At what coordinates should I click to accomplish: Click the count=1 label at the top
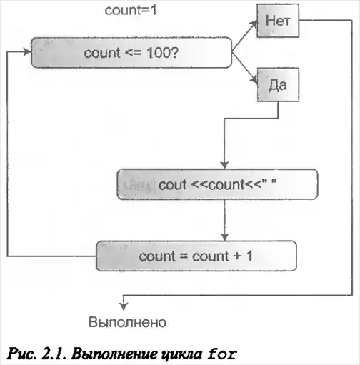click(x=131, y=10)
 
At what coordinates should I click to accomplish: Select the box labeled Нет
click(x=278, y=21)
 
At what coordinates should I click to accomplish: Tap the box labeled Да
click(x=278, y=85)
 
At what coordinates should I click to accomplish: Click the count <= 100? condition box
click(x=131, y=52)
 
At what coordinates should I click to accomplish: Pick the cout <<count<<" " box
click(x=217, y=184)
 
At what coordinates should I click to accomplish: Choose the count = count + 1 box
click(x=196, y=256)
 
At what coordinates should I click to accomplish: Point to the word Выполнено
click(x=127, y=322)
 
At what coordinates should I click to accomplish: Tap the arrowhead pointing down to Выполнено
click(x=124, y=306)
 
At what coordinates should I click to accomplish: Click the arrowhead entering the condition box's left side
click(x=27, y=51)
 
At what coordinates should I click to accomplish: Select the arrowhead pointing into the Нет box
click(x=253, y=24)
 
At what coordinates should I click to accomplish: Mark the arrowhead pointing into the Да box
click(x=254, y=80)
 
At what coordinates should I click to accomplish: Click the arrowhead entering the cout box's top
click(x=224, y=165)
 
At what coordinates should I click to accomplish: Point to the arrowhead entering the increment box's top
click(x=225, y=237)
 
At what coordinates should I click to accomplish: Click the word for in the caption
click(x=222, y=354)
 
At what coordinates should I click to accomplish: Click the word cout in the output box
click(x=172, y=185)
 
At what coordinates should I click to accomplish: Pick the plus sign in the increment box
click(x=237, y=256)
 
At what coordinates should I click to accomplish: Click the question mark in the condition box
click(x=174, y=52)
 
